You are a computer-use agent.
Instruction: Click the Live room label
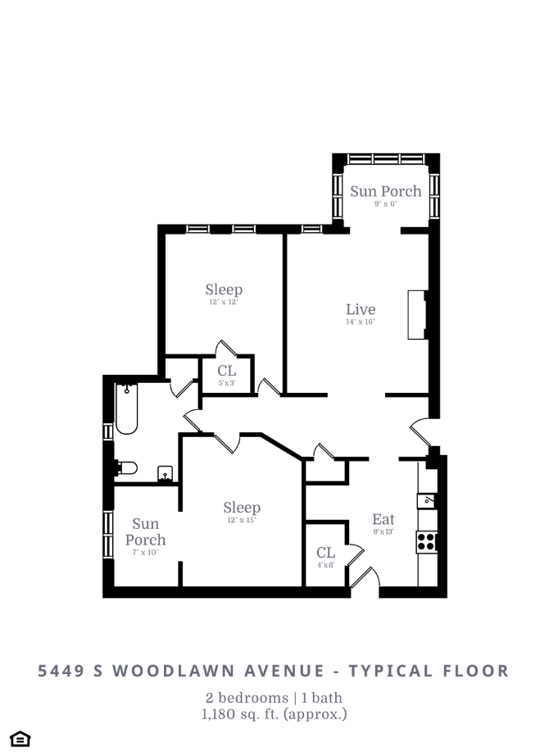(361, 309)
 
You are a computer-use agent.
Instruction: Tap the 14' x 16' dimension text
(361, 322)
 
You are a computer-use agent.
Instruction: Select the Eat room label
(383, 519)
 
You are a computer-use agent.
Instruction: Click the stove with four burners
(427, 540)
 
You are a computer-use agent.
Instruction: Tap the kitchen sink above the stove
(427, 499)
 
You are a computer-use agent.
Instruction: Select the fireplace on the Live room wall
(418, 314)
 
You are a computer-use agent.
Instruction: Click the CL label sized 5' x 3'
(227, 371)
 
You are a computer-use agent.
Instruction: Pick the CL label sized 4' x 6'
(325, 552)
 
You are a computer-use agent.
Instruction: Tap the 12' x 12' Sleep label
(224, 289)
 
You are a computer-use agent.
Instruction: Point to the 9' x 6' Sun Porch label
(386, 191)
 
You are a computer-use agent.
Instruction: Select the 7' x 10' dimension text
(145, 553)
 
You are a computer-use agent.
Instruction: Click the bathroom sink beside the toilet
(165, 473)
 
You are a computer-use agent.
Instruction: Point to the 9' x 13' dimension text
(383, 532)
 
